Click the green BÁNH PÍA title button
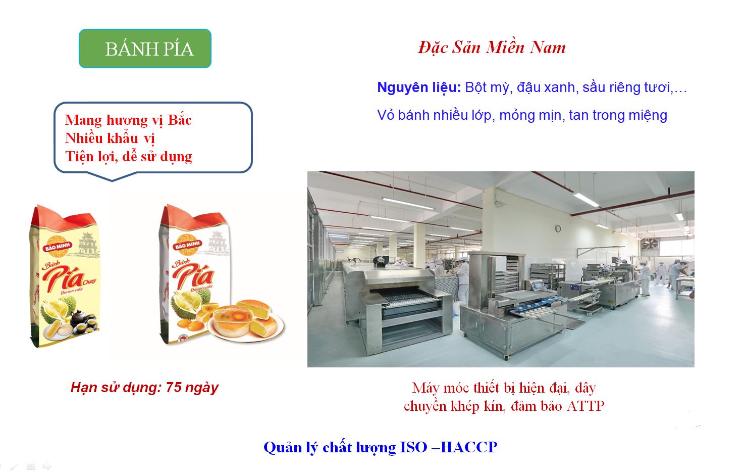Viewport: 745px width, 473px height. (x=145, y=49)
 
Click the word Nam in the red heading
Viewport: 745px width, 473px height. (x=548, y=48)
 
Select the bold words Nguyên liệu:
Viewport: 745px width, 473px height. (x=419, y=87)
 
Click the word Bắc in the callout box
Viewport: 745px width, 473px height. (x=179, y=120)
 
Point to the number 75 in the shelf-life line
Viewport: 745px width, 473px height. (x=174, y=388)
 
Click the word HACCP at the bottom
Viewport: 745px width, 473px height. (x=469, y=447)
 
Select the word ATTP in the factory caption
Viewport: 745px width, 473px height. (x=586, y=406)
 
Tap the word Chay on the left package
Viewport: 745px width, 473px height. (x=89, y=281)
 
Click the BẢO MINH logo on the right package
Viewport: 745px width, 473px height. (x=187, y=245)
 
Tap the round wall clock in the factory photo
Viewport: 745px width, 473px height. (x=558, y=228)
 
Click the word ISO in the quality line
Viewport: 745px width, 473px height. (x=413, y=447)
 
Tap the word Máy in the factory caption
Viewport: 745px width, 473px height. (x=425, y=388)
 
